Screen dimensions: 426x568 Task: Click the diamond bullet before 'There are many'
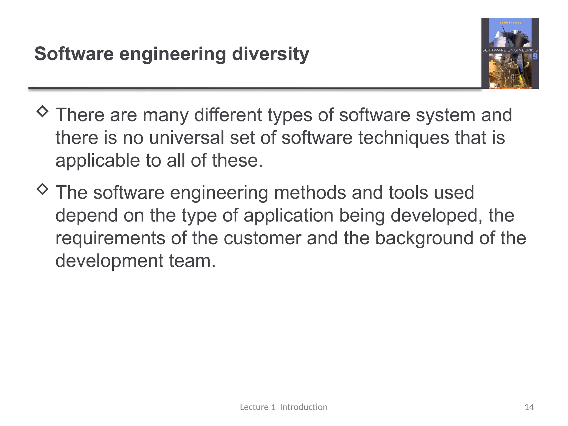pyautogui.click(x=42, y=111)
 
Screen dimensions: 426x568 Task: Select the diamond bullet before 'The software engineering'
pyautogui.click(x=42, y=189)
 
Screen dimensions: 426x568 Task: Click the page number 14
pyautogui.click(x=529, y=407)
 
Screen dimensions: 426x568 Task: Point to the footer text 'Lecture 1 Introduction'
pyautogui.click(x=283, y=407)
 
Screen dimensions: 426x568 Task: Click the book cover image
pyautogui.click(x=510, y=53)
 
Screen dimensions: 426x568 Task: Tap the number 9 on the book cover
pyautogui.click(x=535, y=57)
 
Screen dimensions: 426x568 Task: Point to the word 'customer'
pyautogui.click(x=262, y=238)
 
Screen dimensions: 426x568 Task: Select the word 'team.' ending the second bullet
pyautogui.click(x=192, y=261)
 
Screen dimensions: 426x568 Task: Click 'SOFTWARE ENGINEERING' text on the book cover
pyautogui.click(x=510, y=50)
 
